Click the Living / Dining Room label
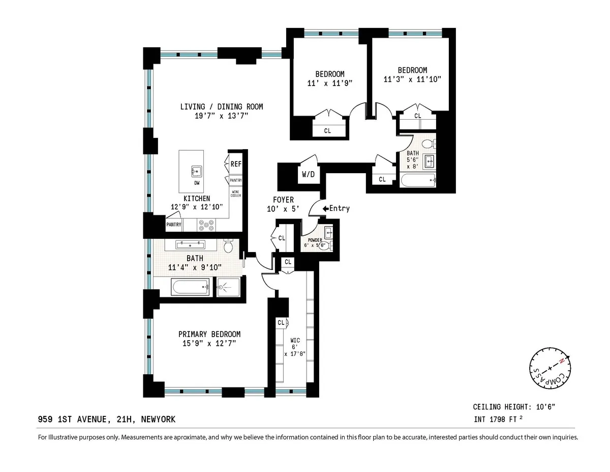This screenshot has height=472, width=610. coord(221,107)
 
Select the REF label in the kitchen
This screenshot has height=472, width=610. coord(236,164)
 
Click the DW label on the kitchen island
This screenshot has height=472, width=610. coord(196,183)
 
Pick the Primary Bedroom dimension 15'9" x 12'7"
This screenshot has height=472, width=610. coord(209,344)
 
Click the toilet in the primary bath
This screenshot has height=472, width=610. coord(228,247)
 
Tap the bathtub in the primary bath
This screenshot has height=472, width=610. coord(190,287)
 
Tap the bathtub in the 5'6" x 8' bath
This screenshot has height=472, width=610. coord(418,179)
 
